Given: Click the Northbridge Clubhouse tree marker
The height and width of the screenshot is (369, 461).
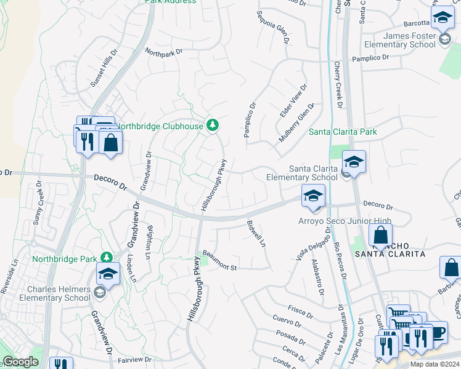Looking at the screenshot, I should [213, 125].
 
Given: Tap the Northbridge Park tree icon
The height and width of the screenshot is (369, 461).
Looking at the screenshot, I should [107, 256].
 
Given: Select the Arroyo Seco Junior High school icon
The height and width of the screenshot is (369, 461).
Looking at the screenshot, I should [313, 196].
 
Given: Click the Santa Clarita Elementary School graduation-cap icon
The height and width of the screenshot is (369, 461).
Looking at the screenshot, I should [354, 162].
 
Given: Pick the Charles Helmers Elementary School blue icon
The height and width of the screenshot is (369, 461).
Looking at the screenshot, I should [108, 274].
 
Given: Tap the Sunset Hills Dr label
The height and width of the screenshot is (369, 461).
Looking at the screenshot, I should [103, 70].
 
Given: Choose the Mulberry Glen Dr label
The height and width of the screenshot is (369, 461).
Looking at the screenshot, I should [296, 122].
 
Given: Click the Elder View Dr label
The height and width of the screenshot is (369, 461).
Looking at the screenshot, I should [293, 101].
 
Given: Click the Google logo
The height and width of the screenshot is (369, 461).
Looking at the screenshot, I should [20, 362].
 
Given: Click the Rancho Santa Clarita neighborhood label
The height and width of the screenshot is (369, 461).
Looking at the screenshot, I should [388, 248].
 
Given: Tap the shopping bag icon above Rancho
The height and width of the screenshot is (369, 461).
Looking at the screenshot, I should [381, 235].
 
